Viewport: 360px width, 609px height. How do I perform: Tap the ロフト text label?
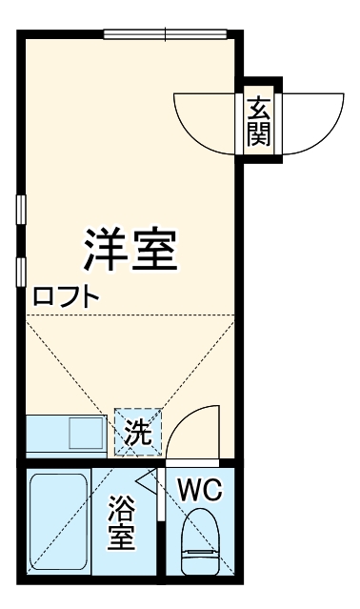tap(67, 296)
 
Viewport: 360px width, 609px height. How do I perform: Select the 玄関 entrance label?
tap(258, 122)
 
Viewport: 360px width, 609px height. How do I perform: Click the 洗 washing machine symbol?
tap(138, 434)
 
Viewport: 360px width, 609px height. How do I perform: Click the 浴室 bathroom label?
tap(121, 521)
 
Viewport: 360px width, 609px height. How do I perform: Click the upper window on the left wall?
tap(20, 210)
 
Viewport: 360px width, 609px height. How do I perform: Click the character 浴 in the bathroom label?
tap(121, 506)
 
